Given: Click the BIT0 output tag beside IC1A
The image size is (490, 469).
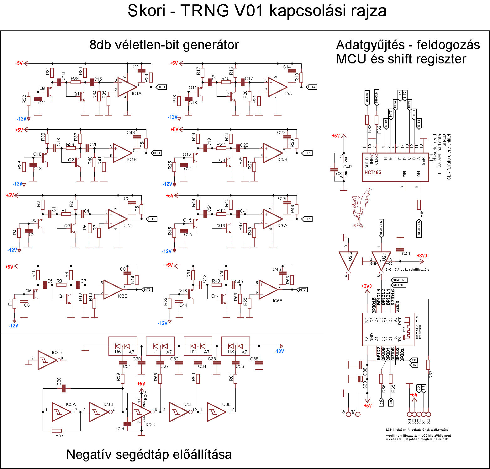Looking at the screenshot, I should (161, 87).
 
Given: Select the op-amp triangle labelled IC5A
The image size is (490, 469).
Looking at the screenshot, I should (277, 87).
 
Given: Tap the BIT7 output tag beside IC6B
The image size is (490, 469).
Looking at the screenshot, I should (302, 289).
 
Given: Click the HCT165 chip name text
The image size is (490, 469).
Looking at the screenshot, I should (373, 172).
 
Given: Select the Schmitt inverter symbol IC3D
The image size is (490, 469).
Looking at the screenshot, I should (47, 360).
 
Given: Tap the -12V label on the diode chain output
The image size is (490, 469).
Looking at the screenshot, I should (279, 351).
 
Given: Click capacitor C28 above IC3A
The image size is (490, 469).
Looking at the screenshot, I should (64, 388).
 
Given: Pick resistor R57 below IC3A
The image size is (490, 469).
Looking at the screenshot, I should (57, 430).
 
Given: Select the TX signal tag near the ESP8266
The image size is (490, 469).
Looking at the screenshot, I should (414, 360).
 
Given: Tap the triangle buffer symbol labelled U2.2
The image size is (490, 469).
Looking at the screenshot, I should (348, 261).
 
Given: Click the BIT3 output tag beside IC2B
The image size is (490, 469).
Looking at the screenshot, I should (147, 289).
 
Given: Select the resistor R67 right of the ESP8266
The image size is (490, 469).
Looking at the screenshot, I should (428, 365).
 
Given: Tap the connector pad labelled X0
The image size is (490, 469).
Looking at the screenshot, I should (428, 414).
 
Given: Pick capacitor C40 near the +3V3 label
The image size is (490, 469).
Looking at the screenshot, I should (400, 250).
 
